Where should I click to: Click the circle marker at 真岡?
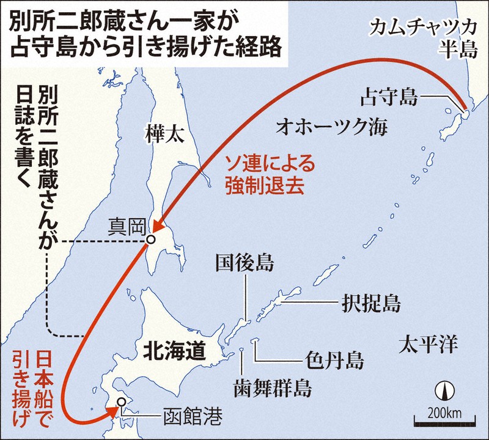pyautogui.click(x=150, y=240)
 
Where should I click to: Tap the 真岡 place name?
pyautogui.click(x=125, y=227)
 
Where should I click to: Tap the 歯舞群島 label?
pyautogui.click(x=272, y=387)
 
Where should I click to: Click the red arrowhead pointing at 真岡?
pyautogui.click(x=157, y=227)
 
